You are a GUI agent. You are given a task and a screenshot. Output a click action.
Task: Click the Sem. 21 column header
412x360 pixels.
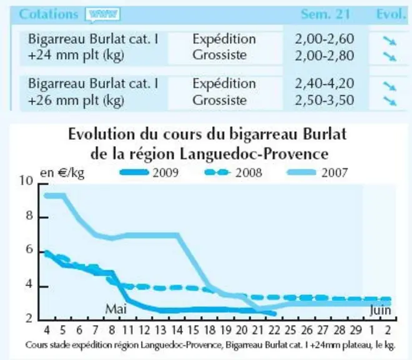(x=325, y=14)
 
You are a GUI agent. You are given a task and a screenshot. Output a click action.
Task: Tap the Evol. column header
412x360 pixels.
(x=391, y=14)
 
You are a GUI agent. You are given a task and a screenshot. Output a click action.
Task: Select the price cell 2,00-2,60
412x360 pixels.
(x=325, y=39)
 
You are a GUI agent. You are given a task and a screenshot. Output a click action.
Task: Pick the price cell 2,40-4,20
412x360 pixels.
(x=325, y=83)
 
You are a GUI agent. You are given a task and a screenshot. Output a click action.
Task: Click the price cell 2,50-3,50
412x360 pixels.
(x=325, y=100)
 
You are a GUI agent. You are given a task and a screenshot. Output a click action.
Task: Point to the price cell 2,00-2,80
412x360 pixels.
(x=325, y=56)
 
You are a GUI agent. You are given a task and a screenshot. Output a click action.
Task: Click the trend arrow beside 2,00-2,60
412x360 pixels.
(x=390, y=41)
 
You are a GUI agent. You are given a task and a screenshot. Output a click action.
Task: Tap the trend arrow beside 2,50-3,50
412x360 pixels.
(x=390, y=101)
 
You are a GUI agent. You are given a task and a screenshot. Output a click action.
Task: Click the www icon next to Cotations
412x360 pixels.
(x=103, y=14)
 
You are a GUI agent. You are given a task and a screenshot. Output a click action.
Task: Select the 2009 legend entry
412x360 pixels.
(x=149, y=172)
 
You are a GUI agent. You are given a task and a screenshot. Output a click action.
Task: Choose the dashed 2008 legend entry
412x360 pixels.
(x=233, y=172)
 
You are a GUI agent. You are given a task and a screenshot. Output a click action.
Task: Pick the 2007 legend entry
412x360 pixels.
(x=317, y=172)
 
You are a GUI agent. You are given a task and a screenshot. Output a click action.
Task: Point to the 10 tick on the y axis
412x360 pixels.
(x=27, y=181)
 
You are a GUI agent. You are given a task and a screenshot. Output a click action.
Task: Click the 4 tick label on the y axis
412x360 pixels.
(x=29, y=284)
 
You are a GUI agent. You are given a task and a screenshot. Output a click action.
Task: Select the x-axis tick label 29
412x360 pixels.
(x=356, y=330)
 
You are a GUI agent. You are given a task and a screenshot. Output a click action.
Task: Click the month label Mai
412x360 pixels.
(x=116, y=309)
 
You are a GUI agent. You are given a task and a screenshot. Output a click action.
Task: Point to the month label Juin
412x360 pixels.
(x=380, y=311)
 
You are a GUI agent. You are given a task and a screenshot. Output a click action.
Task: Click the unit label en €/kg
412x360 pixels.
(x=62, y=173)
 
